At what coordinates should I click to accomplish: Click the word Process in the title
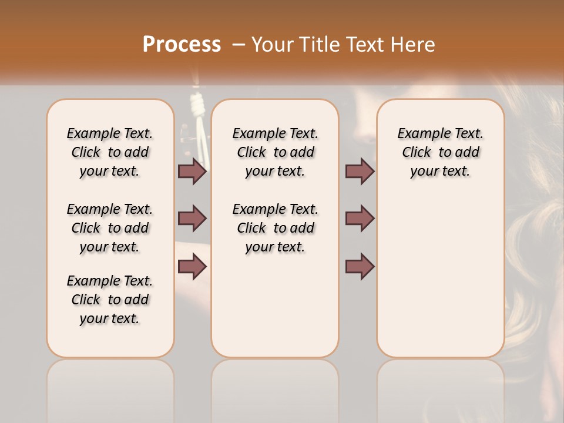[x=182, y=44]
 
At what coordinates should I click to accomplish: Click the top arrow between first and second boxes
[x=193, y=171]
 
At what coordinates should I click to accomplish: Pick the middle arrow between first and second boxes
[x=193, y=219]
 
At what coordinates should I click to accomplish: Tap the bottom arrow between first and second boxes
[x=193, y=267]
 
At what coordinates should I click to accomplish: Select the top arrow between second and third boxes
[x=360, y=171]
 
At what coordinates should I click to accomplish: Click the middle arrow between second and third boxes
[x=360, y=219]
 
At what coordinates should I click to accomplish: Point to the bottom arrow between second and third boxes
[x=360, y=267]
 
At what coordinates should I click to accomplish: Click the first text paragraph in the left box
[x=110, y=152]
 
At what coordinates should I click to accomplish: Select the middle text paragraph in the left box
[x=110, y=228]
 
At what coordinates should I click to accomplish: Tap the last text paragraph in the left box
[x=110, y=300]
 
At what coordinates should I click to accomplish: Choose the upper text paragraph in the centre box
[x=275, y=152]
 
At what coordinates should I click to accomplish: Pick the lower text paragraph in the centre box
[x=275, y=228]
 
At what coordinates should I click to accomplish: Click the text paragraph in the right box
[x=441, y=152]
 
